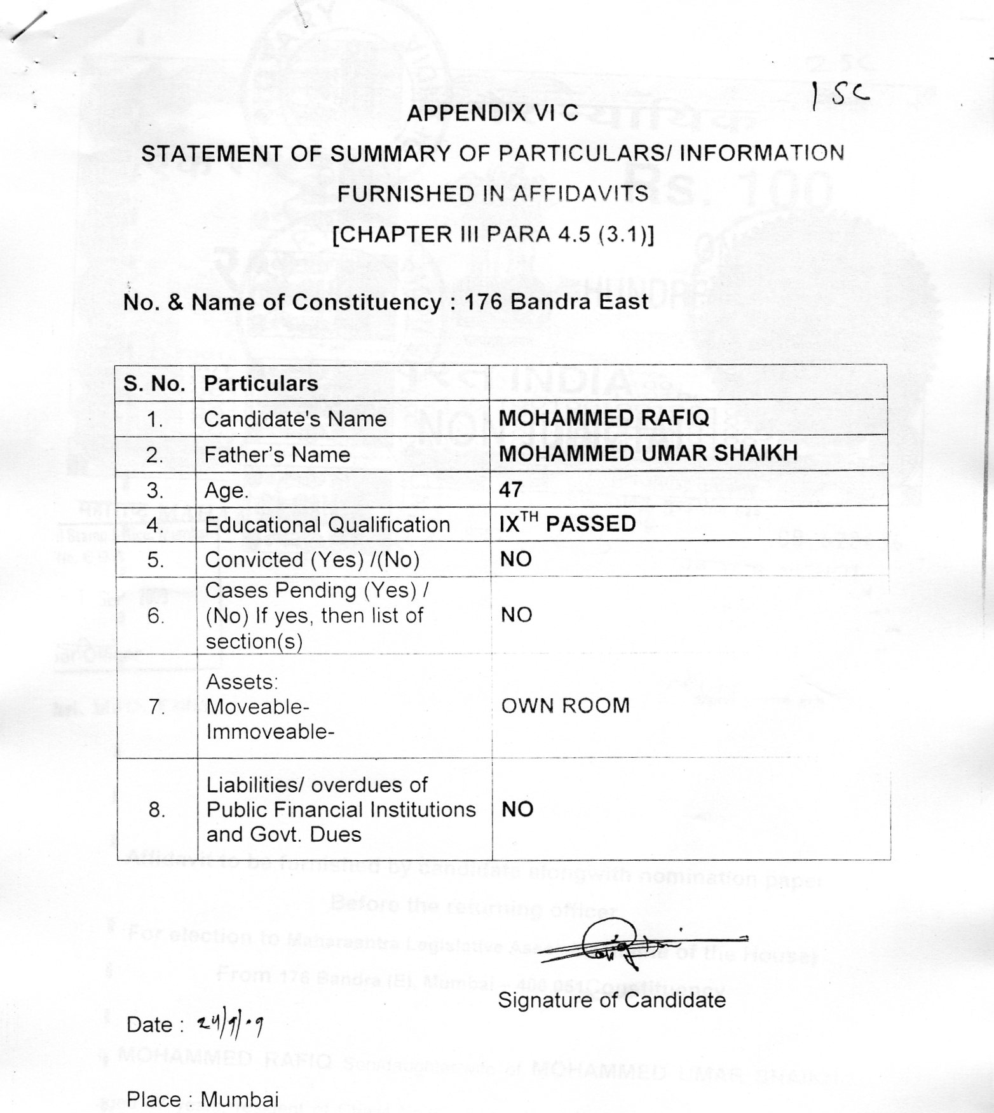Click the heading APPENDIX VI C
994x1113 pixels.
493,113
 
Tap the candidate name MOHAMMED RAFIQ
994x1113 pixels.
603,418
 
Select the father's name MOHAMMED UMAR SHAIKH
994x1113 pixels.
648,454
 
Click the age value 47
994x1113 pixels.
510,489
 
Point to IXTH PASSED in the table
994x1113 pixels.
567,523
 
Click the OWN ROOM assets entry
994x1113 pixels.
565,706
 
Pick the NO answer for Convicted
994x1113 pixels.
515,559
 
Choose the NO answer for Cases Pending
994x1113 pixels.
516,615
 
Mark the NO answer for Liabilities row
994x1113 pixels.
517,809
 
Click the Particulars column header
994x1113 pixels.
261,384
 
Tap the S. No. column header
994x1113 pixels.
154,384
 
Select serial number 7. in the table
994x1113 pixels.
156,706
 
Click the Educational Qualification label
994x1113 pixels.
327,525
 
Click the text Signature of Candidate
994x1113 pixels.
611,1001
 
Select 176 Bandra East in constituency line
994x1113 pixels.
557,302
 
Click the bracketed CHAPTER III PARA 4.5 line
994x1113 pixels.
493,234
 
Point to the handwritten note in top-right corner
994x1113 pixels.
840,96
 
